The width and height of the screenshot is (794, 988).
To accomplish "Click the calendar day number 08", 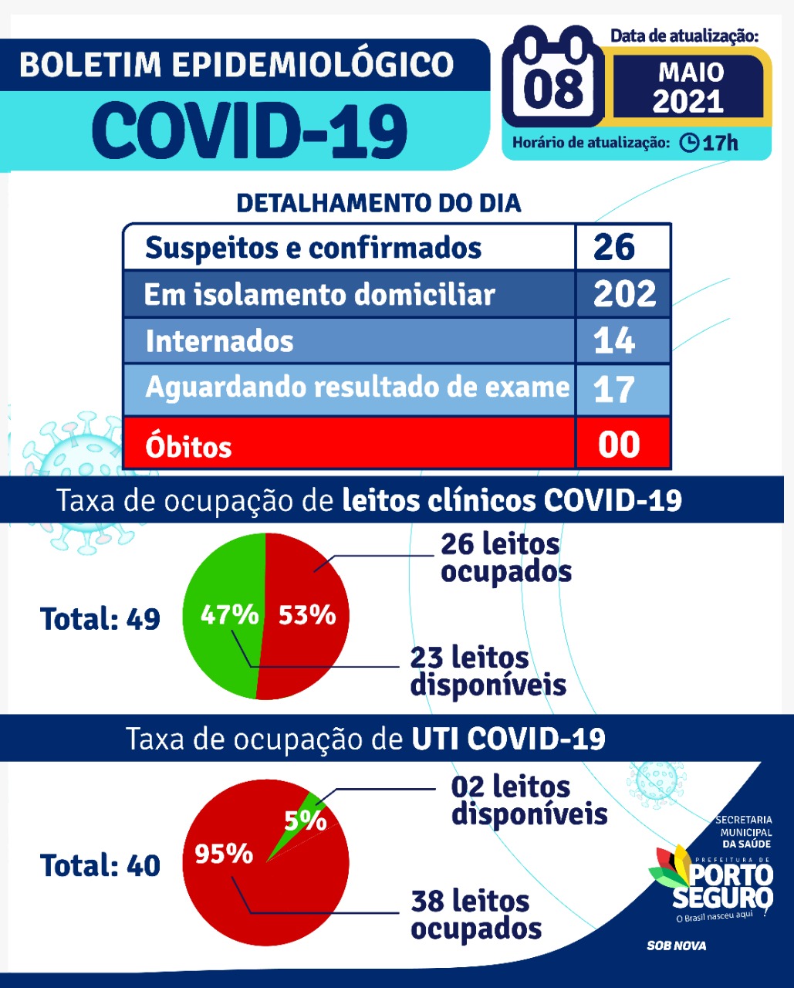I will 553,86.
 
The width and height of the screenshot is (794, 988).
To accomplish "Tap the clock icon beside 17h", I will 689,143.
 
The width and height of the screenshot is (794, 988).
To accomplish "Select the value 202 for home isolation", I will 624,294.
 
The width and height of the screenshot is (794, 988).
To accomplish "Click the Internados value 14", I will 614,341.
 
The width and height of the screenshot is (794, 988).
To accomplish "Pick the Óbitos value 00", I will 619,445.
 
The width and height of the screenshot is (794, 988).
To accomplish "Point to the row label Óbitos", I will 188,447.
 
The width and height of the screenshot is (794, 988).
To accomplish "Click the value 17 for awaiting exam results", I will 614,389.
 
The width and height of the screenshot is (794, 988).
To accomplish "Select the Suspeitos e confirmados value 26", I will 614,247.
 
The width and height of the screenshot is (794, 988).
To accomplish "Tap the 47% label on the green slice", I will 229,614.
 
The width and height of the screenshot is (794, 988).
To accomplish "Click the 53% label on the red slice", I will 307,615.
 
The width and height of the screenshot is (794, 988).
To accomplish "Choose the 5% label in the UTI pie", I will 305,820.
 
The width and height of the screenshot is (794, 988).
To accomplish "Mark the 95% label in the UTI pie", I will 224,854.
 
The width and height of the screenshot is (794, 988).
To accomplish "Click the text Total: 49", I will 100,619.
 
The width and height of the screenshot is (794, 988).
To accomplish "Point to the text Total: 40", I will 100,866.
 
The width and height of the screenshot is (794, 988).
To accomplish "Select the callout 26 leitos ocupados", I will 505,557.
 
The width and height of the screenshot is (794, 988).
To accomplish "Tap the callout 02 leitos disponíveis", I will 529,800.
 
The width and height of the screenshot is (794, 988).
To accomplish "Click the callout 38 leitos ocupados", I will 475,915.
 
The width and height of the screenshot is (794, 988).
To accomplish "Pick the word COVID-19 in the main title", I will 250,130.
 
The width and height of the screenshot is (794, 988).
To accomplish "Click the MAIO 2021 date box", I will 689,87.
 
